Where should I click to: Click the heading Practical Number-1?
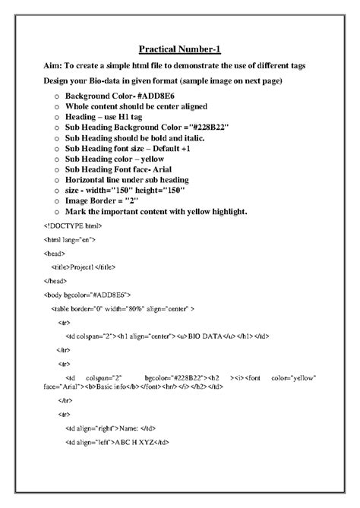pyautogui.click(x=180, y=49)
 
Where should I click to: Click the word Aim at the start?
pyautogui.click(x=54, y=66)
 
